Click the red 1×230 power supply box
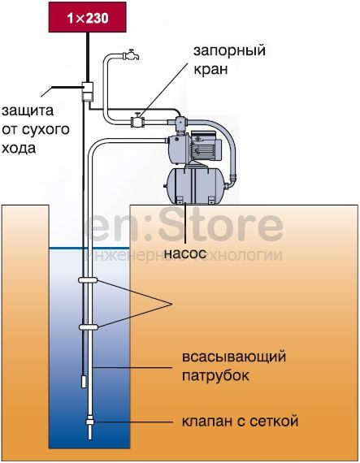88,17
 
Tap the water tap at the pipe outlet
130,54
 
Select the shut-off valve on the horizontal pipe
137,120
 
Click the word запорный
229,52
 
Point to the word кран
210,70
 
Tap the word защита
28,112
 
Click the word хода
19,149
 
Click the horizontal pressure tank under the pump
195,185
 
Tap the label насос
184,253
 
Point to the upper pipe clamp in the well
88,280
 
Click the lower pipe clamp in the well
89,327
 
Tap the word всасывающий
234,357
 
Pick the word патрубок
215,376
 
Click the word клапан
207,422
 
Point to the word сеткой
274,421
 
